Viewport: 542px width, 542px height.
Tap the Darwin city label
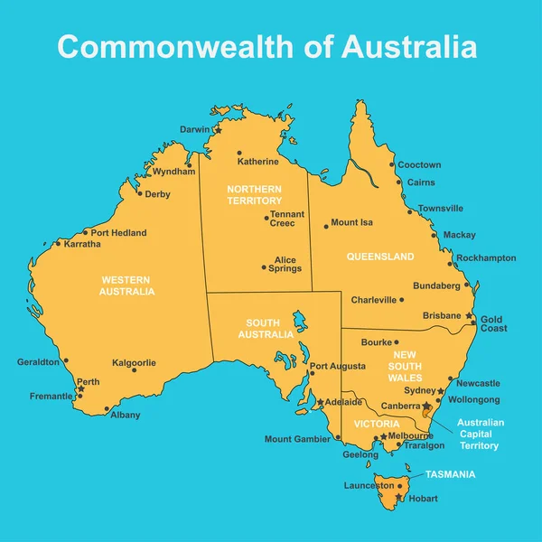pos(194,129)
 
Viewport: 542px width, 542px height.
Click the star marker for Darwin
pos(218,131)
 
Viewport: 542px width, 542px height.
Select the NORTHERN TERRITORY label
pos(255,194)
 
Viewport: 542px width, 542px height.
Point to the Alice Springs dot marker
pos(265,267)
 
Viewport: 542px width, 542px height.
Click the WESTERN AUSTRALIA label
pos(127,285)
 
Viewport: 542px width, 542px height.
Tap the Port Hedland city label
pos(118,233)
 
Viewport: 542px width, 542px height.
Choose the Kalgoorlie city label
pos(134,362)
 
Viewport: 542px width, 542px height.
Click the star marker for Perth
pos(81,389)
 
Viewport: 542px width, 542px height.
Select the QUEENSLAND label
pos(380,257)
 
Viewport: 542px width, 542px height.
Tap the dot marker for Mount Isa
pos(327,226)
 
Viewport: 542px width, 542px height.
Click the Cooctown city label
pos(420,165)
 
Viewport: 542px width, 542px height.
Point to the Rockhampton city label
pos(486,257)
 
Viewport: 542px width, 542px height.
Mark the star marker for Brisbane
pos(471,317)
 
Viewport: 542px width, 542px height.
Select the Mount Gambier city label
pos(297,440)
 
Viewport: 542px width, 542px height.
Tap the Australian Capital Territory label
pos(481,434)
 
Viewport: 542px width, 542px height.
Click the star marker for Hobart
pos(398,497)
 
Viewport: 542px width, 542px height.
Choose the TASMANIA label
pos(451,474)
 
